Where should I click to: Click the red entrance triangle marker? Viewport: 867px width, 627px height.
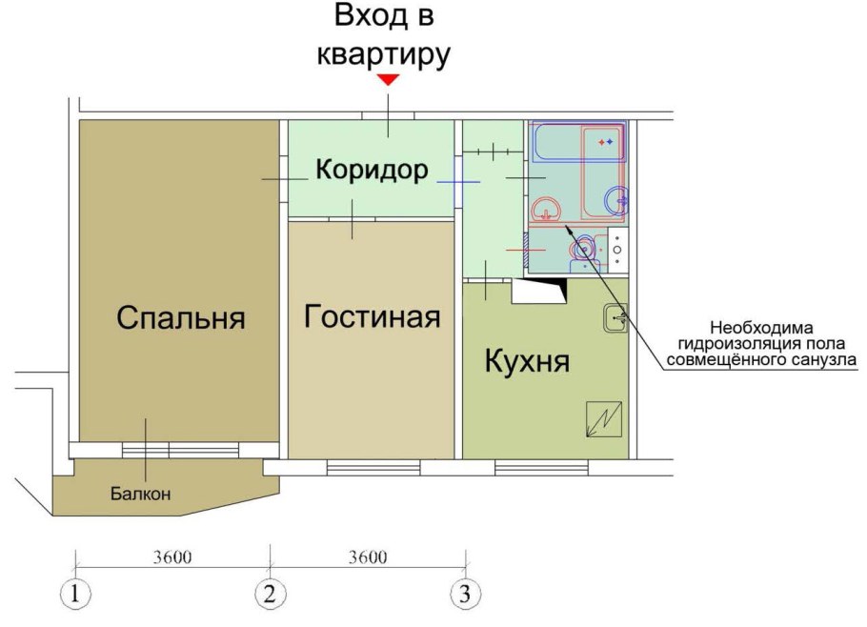click(387, 80)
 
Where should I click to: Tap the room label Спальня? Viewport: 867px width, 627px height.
click(180, 317)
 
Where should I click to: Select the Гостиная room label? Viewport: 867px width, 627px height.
click(373, 316)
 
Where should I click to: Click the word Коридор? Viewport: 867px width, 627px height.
click(372, 171)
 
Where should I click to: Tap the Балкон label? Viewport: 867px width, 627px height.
click(140, 494)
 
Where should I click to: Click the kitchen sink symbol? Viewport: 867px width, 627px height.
click(614, 318)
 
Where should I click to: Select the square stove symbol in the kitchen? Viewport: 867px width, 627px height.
click(603, 419)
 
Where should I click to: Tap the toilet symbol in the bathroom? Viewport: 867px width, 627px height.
click(582, 250)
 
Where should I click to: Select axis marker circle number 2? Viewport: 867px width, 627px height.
click(270, 595)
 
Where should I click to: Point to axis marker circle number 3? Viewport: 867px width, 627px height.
click(465, 595)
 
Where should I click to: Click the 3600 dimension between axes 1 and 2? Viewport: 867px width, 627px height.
click(171, 557)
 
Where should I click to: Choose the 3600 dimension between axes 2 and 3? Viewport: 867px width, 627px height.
click(367, 557)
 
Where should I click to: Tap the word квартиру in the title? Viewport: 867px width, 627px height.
click(383, 53)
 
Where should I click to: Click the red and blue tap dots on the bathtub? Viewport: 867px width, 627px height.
click(606, 142)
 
